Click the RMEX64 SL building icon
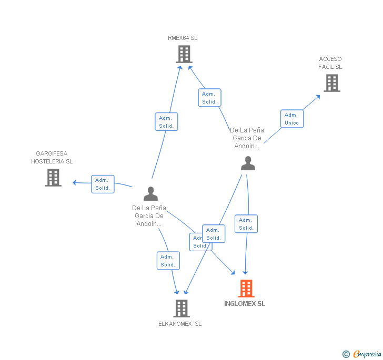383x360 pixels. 184,54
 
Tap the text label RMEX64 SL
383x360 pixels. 183,38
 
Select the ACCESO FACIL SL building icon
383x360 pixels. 331,83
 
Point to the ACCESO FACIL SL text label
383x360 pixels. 330,63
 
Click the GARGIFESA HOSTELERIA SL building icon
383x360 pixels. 53,178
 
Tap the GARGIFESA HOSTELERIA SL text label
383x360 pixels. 52,158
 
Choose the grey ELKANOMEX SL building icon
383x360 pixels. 182,308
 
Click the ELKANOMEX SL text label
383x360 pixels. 180,324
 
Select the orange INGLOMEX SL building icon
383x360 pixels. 246,289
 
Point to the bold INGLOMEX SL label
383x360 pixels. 245,304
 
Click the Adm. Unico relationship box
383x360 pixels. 291,119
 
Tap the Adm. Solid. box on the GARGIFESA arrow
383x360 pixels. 103,184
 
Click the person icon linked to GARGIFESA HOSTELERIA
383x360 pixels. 150,194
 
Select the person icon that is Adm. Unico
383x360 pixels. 248,163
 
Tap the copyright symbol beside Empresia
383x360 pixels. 346,354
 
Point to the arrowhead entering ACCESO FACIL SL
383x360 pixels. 318,96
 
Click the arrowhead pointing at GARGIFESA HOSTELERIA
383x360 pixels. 75,182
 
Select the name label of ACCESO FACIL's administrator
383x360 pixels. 247,138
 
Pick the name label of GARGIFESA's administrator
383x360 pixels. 149,216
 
